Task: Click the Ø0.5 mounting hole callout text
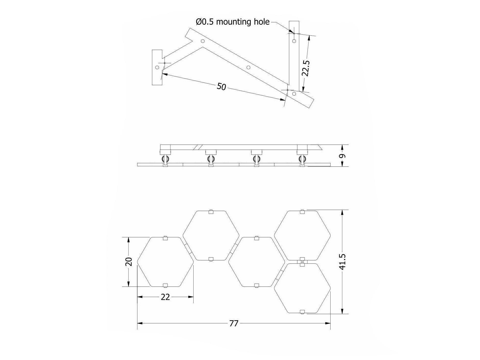(x=233, y=22)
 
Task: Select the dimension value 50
(x=221, y=87)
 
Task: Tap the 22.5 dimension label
(x=306, y=68)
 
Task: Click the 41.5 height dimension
(x=342, y=262)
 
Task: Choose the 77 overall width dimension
(x=234, y=323)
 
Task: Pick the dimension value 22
(x=165, y=297)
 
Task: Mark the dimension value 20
(x=129, y=262)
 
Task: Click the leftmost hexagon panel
(x=166, y=262)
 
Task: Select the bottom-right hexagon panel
(x=302, y=288)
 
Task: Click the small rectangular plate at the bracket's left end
(x=157, y=67)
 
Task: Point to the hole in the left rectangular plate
(x=157, y=67)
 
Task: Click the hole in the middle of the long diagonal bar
(x=248, y=67)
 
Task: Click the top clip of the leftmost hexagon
(x=165, y=238)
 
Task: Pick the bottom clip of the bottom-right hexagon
(x=302, y=312)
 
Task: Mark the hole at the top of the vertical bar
(x=294, y=41)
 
